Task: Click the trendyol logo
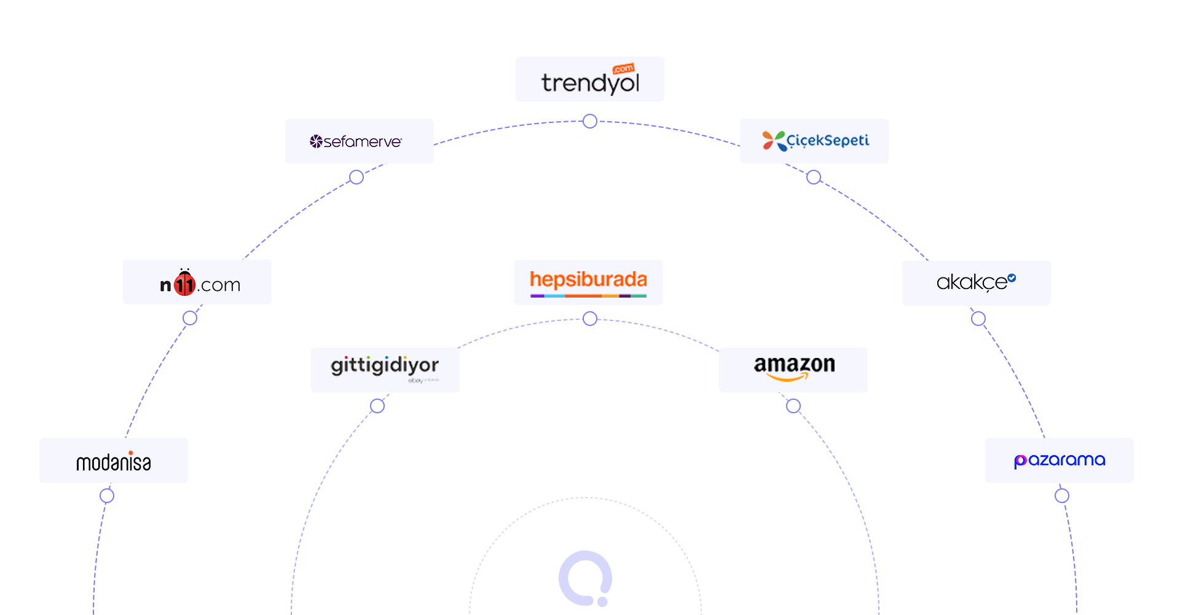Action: point(590,81)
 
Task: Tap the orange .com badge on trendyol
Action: point(624,68)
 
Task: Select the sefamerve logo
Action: point(356,142)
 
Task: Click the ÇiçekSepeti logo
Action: point(816,141)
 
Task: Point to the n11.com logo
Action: point(200,284)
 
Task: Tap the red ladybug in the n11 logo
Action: point(184,283)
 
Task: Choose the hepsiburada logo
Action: point(588,282)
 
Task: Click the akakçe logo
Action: point(976,282)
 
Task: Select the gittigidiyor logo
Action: point(385,367)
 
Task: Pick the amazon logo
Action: point(794,367)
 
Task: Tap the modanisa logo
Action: point(114,461)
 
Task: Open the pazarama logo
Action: point(1060,460)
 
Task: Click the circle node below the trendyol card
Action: point(590,121)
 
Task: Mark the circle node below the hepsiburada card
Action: point(590,319)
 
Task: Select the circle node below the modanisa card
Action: point(107,496)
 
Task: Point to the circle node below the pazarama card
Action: point(1062,496)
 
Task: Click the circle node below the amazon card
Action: point(793,406)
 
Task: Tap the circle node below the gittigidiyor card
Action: point(377,406)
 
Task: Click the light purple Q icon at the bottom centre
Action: point(585,577)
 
